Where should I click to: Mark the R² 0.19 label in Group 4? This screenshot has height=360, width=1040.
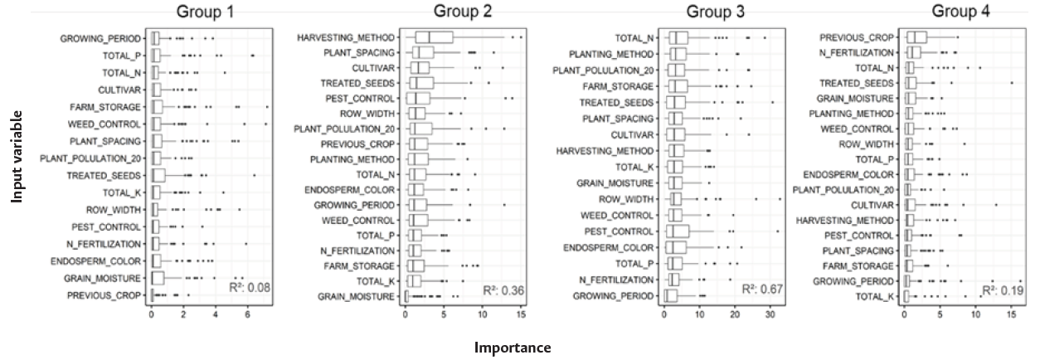point(1002,290)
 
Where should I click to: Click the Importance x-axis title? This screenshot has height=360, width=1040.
point(512,348)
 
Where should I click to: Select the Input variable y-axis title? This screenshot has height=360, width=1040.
point(17,158)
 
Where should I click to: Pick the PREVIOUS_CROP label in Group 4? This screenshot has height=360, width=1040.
point(857,37)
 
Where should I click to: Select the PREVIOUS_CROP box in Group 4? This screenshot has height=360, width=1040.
point(916,37)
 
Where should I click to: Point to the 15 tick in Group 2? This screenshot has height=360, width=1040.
point(519,316)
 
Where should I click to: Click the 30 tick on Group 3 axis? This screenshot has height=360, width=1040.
point(770,316)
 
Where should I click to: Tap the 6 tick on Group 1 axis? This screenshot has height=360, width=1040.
point(247,316)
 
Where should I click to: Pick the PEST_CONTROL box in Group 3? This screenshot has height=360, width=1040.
point(678,231)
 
